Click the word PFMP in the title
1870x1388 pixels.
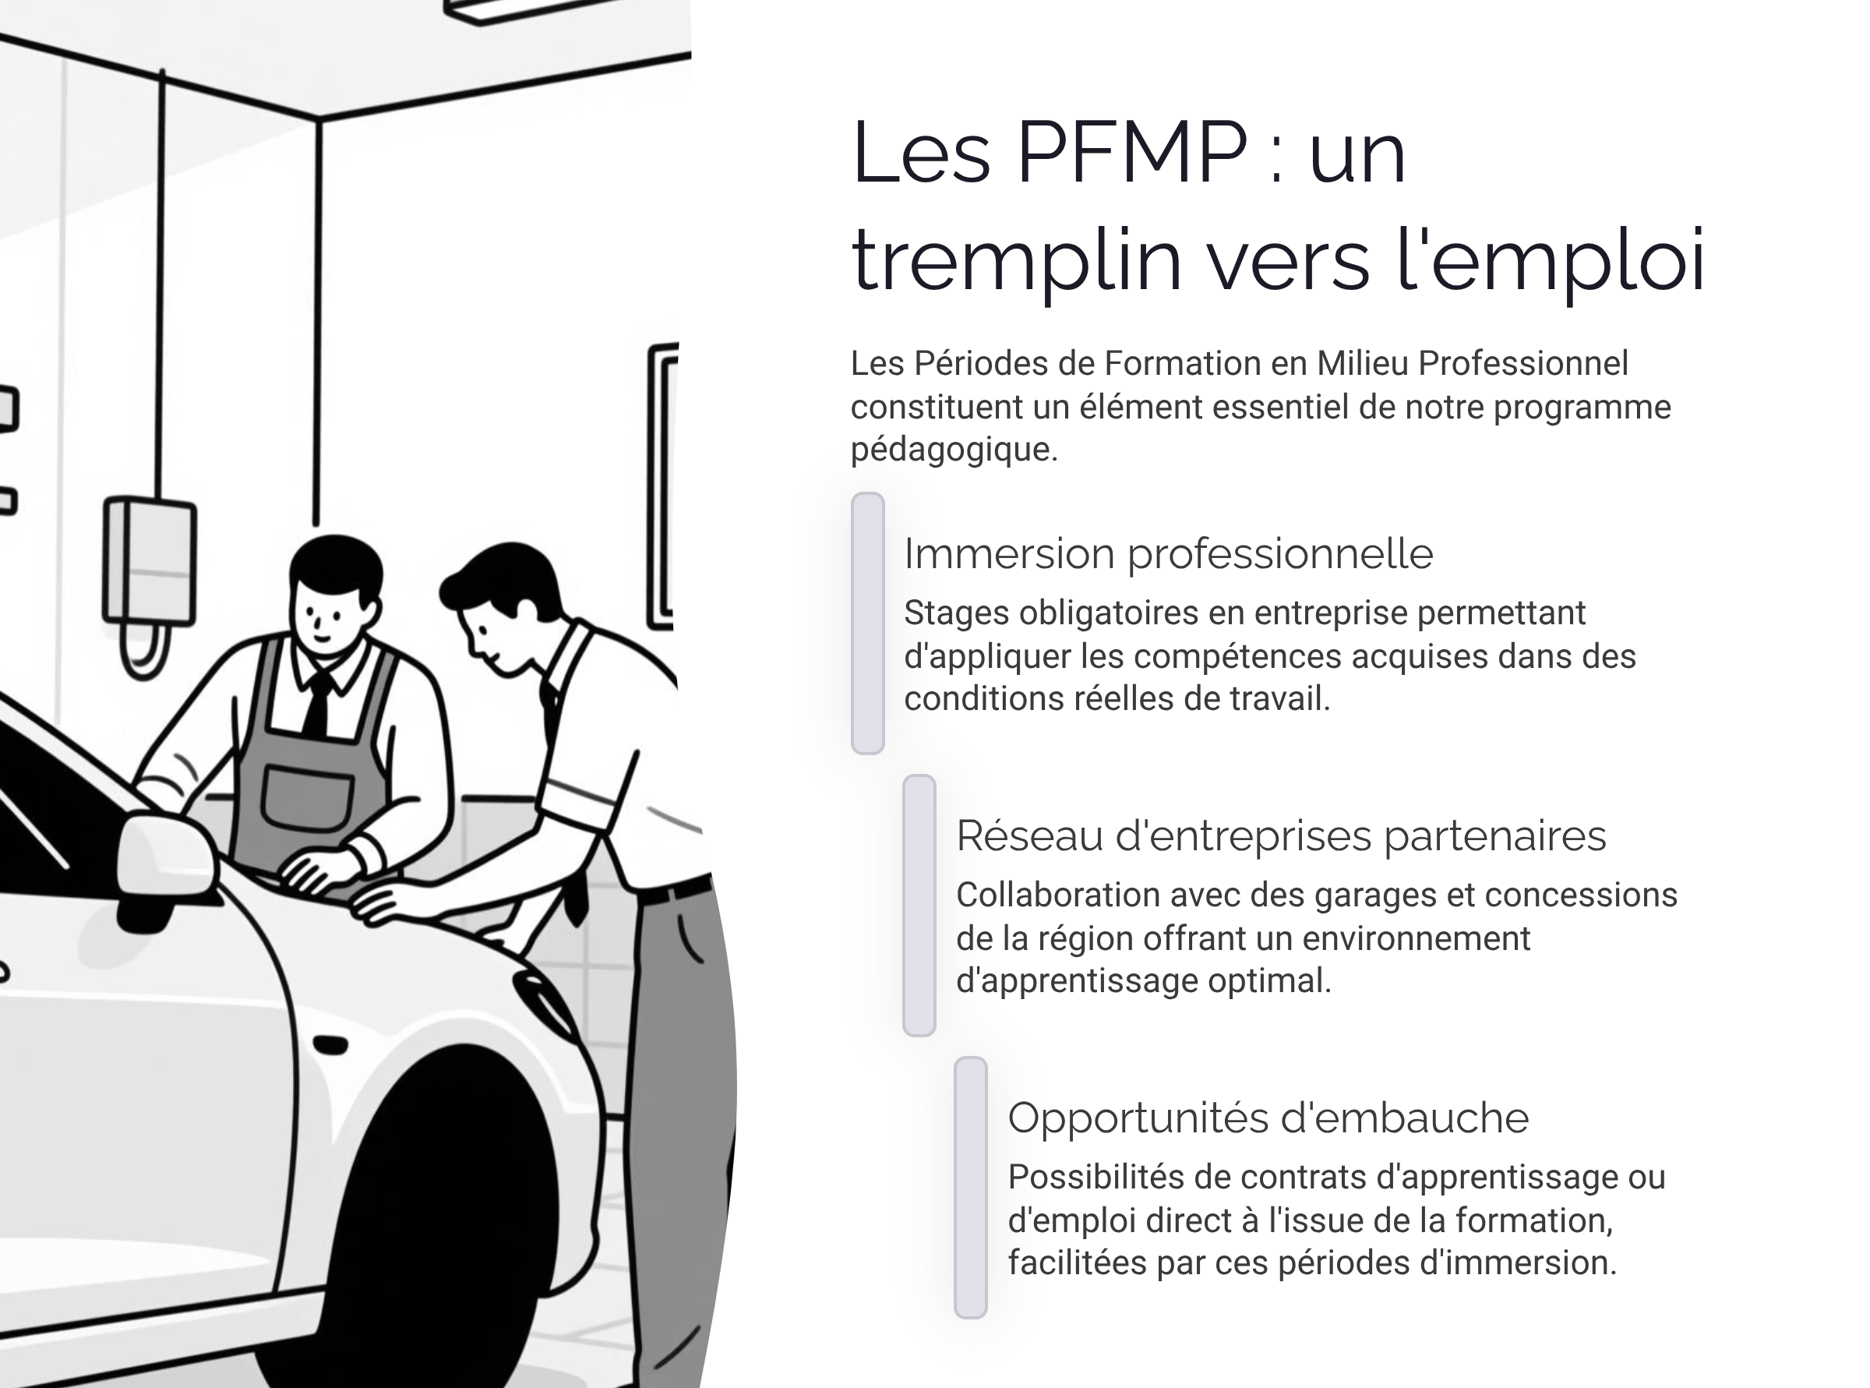1131,153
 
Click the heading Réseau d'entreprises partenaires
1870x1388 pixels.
1280,836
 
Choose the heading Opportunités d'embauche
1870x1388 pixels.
1268,1118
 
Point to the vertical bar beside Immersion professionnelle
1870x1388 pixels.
868,623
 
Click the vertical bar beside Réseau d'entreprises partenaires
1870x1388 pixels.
919,905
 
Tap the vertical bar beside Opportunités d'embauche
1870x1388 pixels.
970,1187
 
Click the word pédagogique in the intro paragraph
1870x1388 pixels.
954,450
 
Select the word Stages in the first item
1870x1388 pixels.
956,613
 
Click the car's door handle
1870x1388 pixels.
331,1045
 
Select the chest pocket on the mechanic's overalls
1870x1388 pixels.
308,798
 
